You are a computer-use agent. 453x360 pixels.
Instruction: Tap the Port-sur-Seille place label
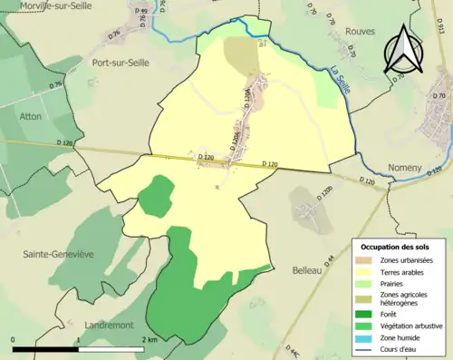[120, 63]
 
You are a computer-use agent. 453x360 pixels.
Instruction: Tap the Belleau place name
[310, 245]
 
